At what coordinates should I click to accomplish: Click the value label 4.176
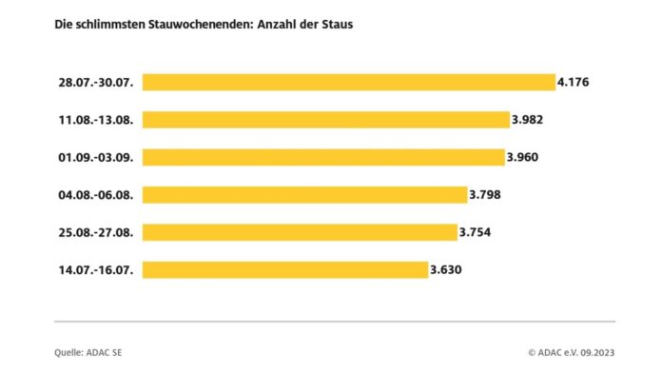click(x=574, y=83)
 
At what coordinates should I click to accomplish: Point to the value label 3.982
click(x=530, y=120)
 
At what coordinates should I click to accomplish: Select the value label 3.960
click(x=523, y=157)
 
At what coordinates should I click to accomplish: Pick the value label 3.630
click(x=447, y=270)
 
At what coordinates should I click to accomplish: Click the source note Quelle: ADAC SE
click(x=88, y=353)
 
